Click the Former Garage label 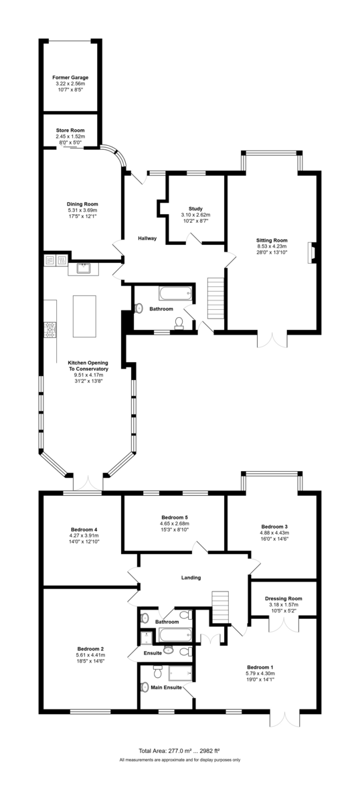pyautogui.click(x=70, y=78)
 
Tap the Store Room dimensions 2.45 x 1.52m pyautogui.click(x=70, y=137)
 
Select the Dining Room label pyautogui.click(x=82, y=204)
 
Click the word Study pyautogui.click(x=195, y=209)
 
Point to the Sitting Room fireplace pyautogui.click(x=312, y=253)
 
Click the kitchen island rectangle pyautogui.click(x=84, y=316)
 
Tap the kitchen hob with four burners pyautogui.click(x=50, y=330)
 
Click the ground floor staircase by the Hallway pyautogui.click(x=216, y=298)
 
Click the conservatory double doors pyautogui.click(x=88, y=482)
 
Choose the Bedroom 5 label pyautogui.click(x=175, y=517)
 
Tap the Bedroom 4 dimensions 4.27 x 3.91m pyautogui.click(x=84, y=535)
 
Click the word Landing pyautogui.click(x=191, y=577)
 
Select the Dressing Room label pyautogui.click(x=284, y=598)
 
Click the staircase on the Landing pyautogui.click(x=220, y=608)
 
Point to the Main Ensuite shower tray pyautogui.click(x=181, y=673)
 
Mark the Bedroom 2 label pyautogui.click(x=91, y=649)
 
